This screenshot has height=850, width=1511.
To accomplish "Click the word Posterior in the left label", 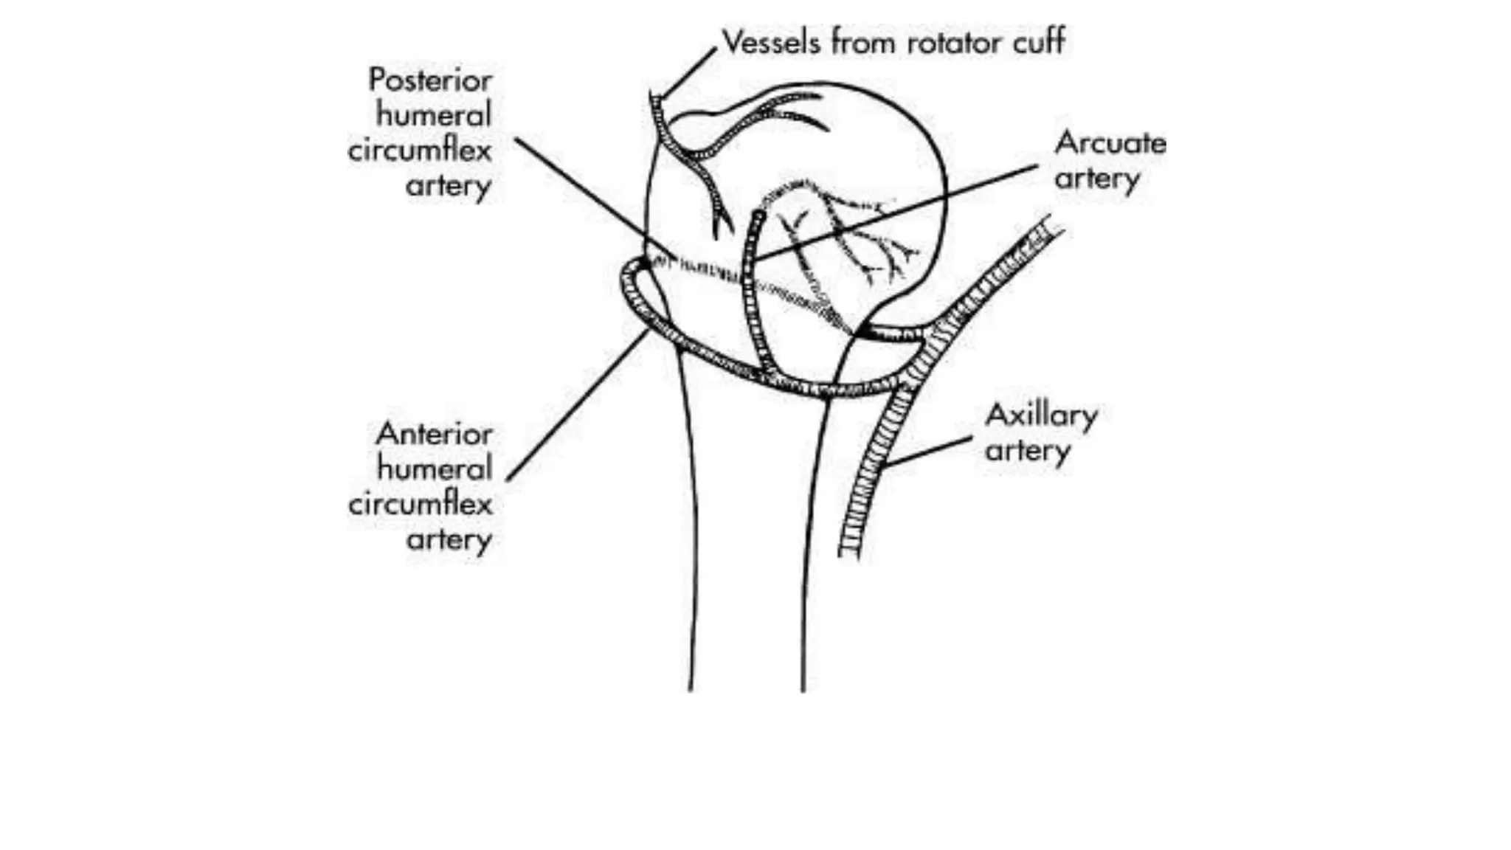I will point(430,80).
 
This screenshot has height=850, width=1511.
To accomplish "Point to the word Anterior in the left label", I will point(434,434).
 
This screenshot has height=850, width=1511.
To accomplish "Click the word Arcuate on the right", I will point(1110,142).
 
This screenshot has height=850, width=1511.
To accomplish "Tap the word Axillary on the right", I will point(1041,415).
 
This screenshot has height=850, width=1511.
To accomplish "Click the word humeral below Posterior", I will point(434,115).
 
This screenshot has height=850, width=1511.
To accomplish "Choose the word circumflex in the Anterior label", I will point(421,505).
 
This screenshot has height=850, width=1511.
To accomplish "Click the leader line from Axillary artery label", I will point(928,452).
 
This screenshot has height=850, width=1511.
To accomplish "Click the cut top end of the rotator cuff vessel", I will point(655,97).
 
